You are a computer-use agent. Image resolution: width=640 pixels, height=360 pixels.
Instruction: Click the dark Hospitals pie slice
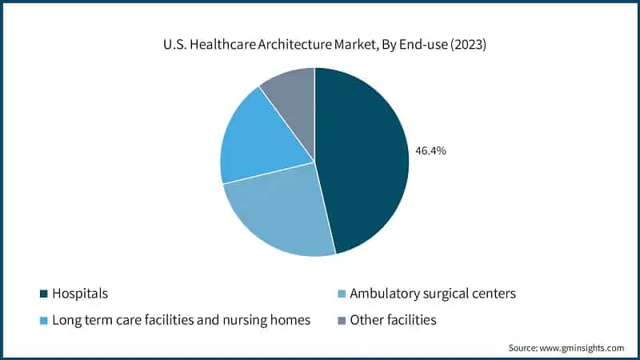point(364,160)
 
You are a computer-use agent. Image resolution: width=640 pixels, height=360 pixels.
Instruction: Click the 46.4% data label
point(430,150)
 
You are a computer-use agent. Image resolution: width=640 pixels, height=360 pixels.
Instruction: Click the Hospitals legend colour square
point(43,294)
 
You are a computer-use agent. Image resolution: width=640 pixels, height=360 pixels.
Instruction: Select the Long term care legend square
point(43,321)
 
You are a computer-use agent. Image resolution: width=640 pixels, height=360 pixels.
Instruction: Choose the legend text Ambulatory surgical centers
point(432,294)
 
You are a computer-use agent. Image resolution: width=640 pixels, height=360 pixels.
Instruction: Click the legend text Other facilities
point(394,321)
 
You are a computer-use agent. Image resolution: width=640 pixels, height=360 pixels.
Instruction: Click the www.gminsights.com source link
point(582,348)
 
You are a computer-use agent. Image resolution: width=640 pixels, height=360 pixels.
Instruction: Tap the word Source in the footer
point(524,348)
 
